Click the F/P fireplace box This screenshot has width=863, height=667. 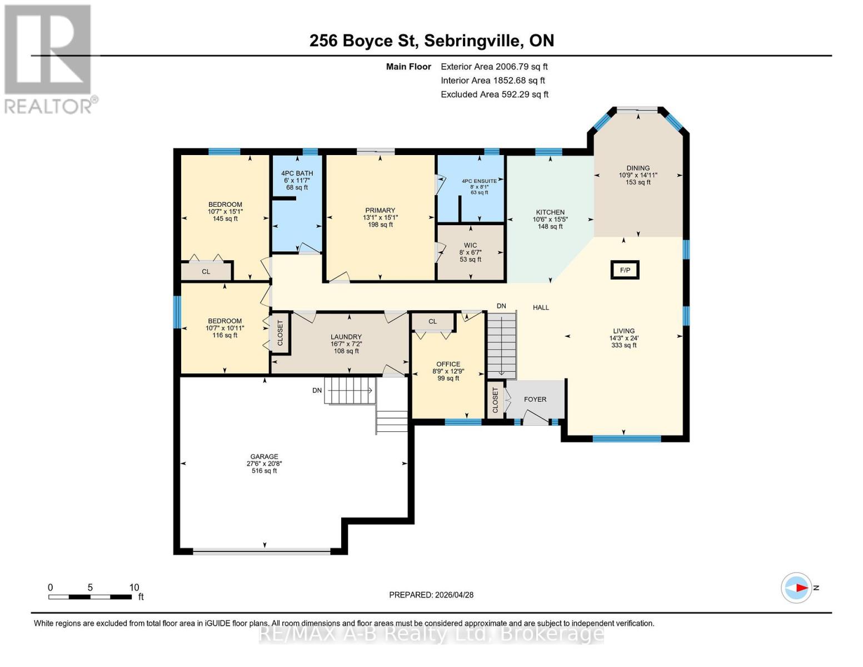point(625,270)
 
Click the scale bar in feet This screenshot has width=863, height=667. point(91,596)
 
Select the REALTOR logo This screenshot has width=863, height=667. point(48,59)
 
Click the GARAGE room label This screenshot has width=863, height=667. point(264,456)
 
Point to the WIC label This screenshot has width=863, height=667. point(470,245)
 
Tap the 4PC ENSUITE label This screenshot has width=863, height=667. point(479,181)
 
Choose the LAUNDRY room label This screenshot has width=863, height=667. point(346,337)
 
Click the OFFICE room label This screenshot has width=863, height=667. point(448,364)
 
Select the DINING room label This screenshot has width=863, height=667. point(637,168)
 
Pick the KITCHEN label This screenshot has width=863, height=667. point(550,212)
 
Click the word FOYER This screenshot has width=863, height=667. point(535,399)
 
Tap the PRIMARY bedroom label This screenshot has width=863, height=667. point(380,211)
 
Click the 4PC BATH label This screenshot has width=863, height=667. point(297,173)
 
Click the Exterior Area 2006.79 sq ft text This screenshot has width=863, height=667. point(494,67)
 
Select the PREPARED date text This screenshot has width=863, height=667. point(431,595)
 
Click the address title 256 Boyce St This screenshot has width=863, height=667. point(431,41)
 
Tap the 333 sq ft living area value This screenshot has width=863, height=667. point(623,345)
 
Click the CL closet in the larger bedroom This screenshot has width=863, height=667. point(206,271)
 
